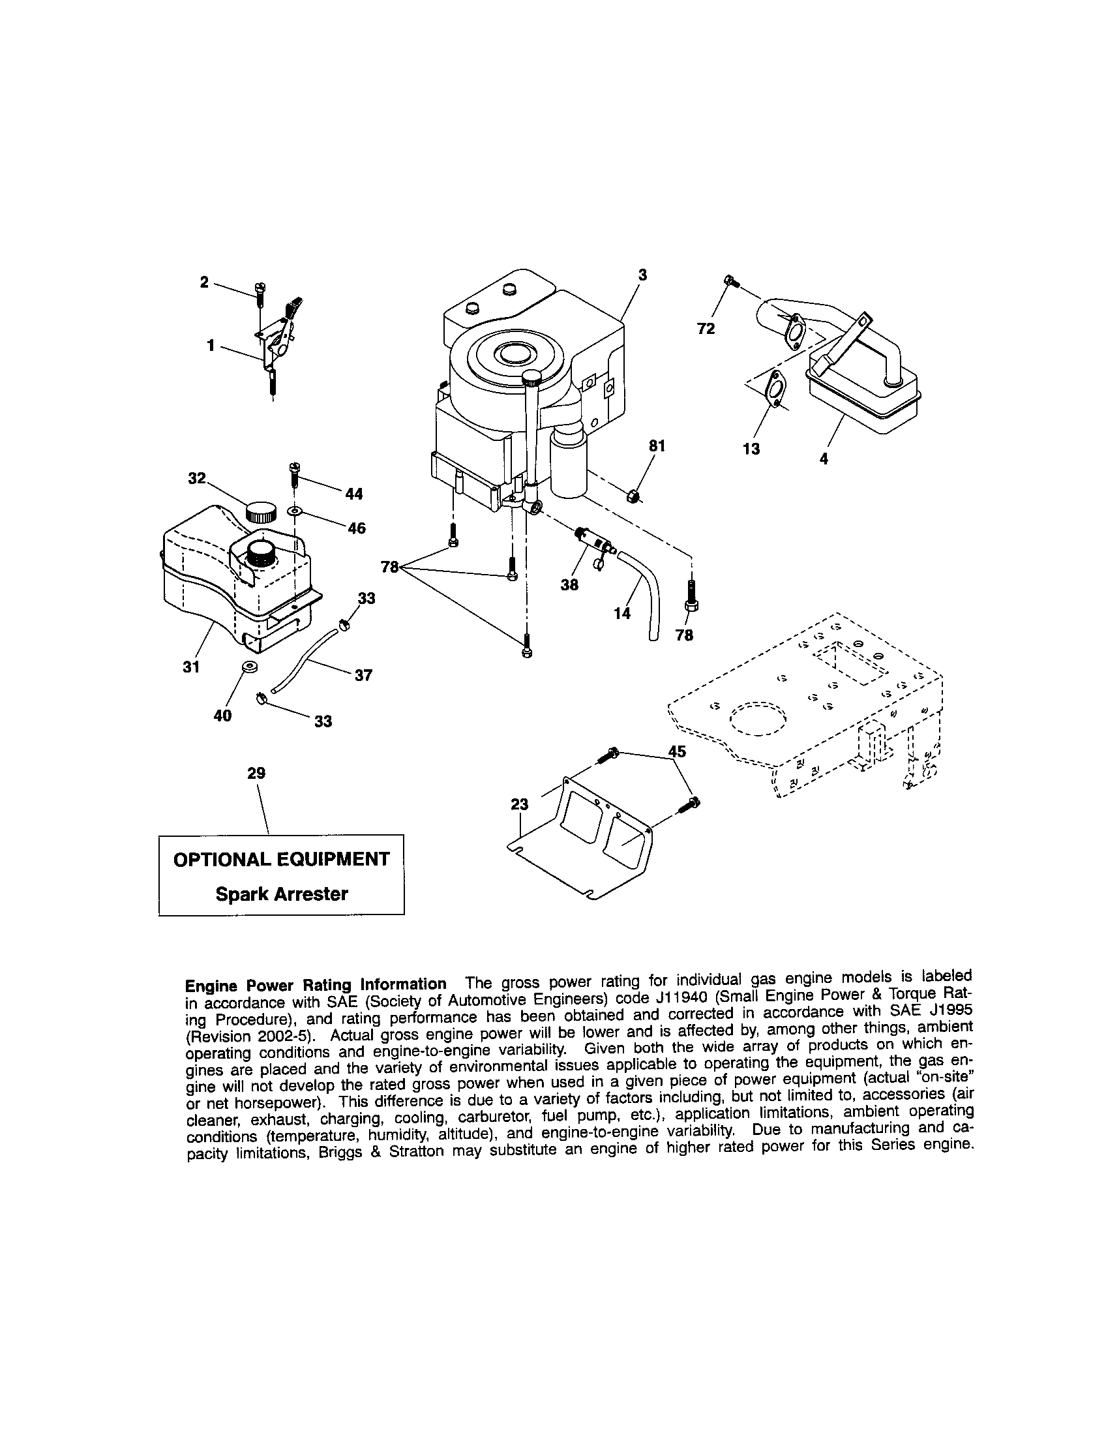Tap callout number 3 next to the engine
(x=642, y=276)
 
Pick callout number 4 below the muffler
(x=824, y=459)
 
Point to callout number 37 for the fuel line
(x=363, y=675)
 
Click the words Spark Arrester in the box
(x=282, y=894)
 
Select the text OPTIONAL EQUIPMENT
(x=281, y=859)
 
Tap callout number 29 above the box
(x=256, y=774)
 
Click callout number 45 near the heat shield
(x=676, y=751)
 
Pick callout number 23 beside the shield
(x=519, y=804)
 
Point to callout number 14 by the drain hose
(x=621, y=613)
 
